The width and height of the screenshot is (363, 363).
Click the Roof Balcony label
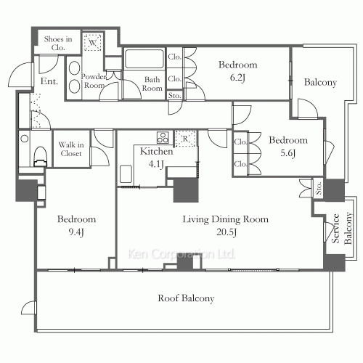[186, 298]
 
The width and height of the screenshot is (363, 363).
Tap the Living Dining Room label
[225, 219]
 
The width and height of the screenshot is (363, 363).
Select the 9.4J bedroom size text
[76, 232]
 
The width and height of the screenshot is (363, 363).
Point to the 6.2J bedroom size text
[237, 78]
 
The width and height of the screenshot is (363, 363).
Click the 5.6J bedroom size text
[288, 153]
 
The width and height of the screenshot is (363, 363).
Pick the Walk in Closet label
[71, 149]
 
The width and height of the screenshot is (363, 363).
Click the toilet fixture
[41, 157]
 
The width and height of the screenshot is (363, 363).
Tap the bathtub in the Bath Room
[144, 59]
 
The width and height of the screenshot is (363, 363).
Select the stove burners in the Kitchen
[163, 138]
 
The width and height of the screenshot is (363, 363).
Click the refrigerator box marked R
[185, 139]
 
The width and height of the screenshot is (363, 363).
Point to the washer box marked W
[92, 42]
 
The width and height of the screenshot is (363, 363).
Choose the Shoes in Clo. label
[58, 43]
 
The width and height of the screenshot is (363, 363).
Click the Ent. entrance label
[49, 81]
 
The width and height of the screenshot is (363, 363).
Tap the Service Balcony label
[342, 229]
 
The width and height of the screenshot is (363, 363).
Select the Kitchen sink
[126, 174]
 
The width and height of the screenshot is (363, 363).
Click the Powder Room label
[94, 81]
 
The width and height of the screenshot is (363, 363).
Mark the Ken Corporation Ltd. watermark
[181, 254]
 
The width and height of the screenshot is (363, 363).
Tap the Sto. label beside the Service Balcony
[319, 188]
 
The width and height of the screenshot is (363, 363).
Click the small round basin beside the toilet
[25, 139]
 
